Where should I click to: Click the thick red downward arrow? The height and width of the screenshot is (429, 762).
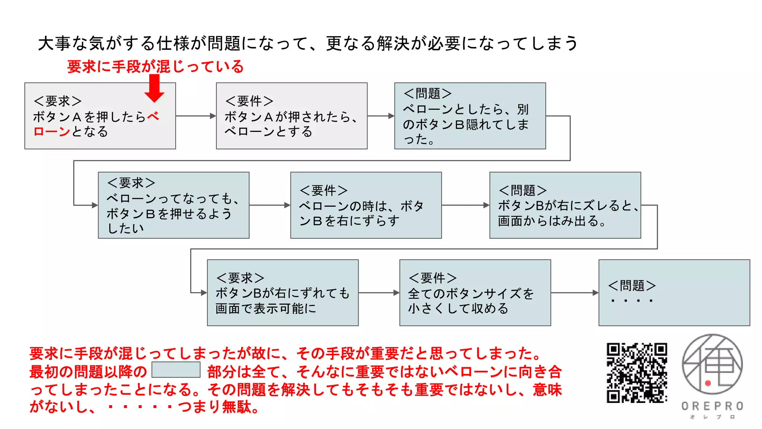point(154,89)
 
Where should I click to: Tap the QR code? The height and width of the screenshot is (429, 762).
point(637,373)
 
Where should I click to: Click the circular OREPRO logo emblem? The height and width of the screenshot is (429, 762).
point(712,364)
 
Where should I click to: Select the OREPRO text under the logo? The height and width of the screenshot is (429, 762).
point(712,406)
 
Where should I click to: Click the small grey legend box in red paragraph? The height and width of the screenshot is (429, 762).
point(176,370)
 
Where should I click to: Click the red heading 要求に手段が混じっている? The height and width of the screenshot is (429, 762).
point(155,67)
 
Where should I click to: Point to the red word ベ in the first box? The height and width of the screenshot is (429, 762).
point(153,117)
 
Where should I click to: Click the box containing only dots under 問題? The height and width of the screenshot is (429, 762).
point(674,293)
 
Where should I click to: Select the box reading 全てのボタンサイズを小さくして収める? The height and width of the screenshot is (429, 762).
point(475,293)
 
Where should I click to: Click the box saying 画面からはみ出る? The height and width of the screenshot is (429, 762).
point(565,205)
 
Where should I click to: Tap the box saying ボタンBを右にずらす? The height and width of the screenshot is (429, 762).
point(366,205)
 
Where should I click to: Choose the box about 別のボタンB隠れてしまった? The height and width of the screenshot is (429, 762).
point(470,116)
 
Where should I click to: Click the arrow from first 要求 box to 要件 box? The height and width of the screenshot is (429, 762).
point(196,116)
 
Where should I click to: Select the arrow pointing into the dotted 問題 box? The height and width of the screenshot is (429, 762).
point(574,293)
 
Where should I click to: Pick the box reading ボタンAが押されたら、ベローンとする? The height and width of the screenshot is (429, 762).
point(291,116)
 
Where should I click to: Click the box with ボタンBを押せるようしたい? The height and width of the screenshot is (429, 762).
point(173,205)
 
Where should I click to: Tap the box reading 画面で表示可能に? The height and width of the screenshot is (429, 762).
point(282,293)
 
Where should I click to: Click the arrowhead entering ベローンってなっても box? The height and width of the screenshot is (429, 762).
point(95,205)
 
